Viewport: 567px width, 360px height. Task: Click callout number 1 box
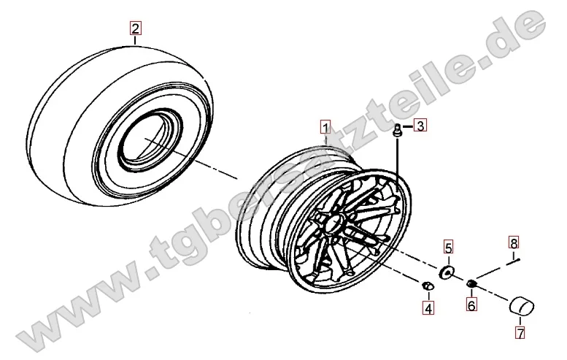[325, 127]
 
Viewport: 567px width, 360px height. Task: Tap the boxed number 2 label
[135, 28]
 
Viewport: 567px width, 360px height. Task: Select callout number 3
[420, 126]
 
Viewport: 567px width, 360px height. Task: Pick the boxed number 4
[428, 309]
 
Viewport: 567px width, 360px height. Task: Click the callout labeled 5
[448, 248]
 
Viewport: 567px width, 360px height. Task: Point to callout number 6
[471, 305]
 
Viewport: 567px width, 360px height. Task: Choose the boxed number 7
[520, 332]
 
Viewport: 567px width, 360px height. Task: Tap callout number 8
[514, 242]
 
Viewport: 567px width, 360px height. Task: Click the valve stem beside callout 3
[398, 131]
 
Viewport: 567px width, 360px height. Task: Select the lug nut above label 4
[428, 286]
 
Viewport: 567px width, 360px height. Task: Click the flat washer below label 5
[447, 272]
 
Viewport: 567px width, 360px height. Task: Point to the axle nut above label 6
[471, 284]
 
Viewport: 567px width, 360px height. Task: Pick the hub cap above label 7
[522, 306]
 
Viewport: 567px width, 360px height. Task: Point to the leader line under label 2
[135, 40]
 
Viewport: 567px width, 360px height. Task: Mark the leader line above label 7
[520, 321]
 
